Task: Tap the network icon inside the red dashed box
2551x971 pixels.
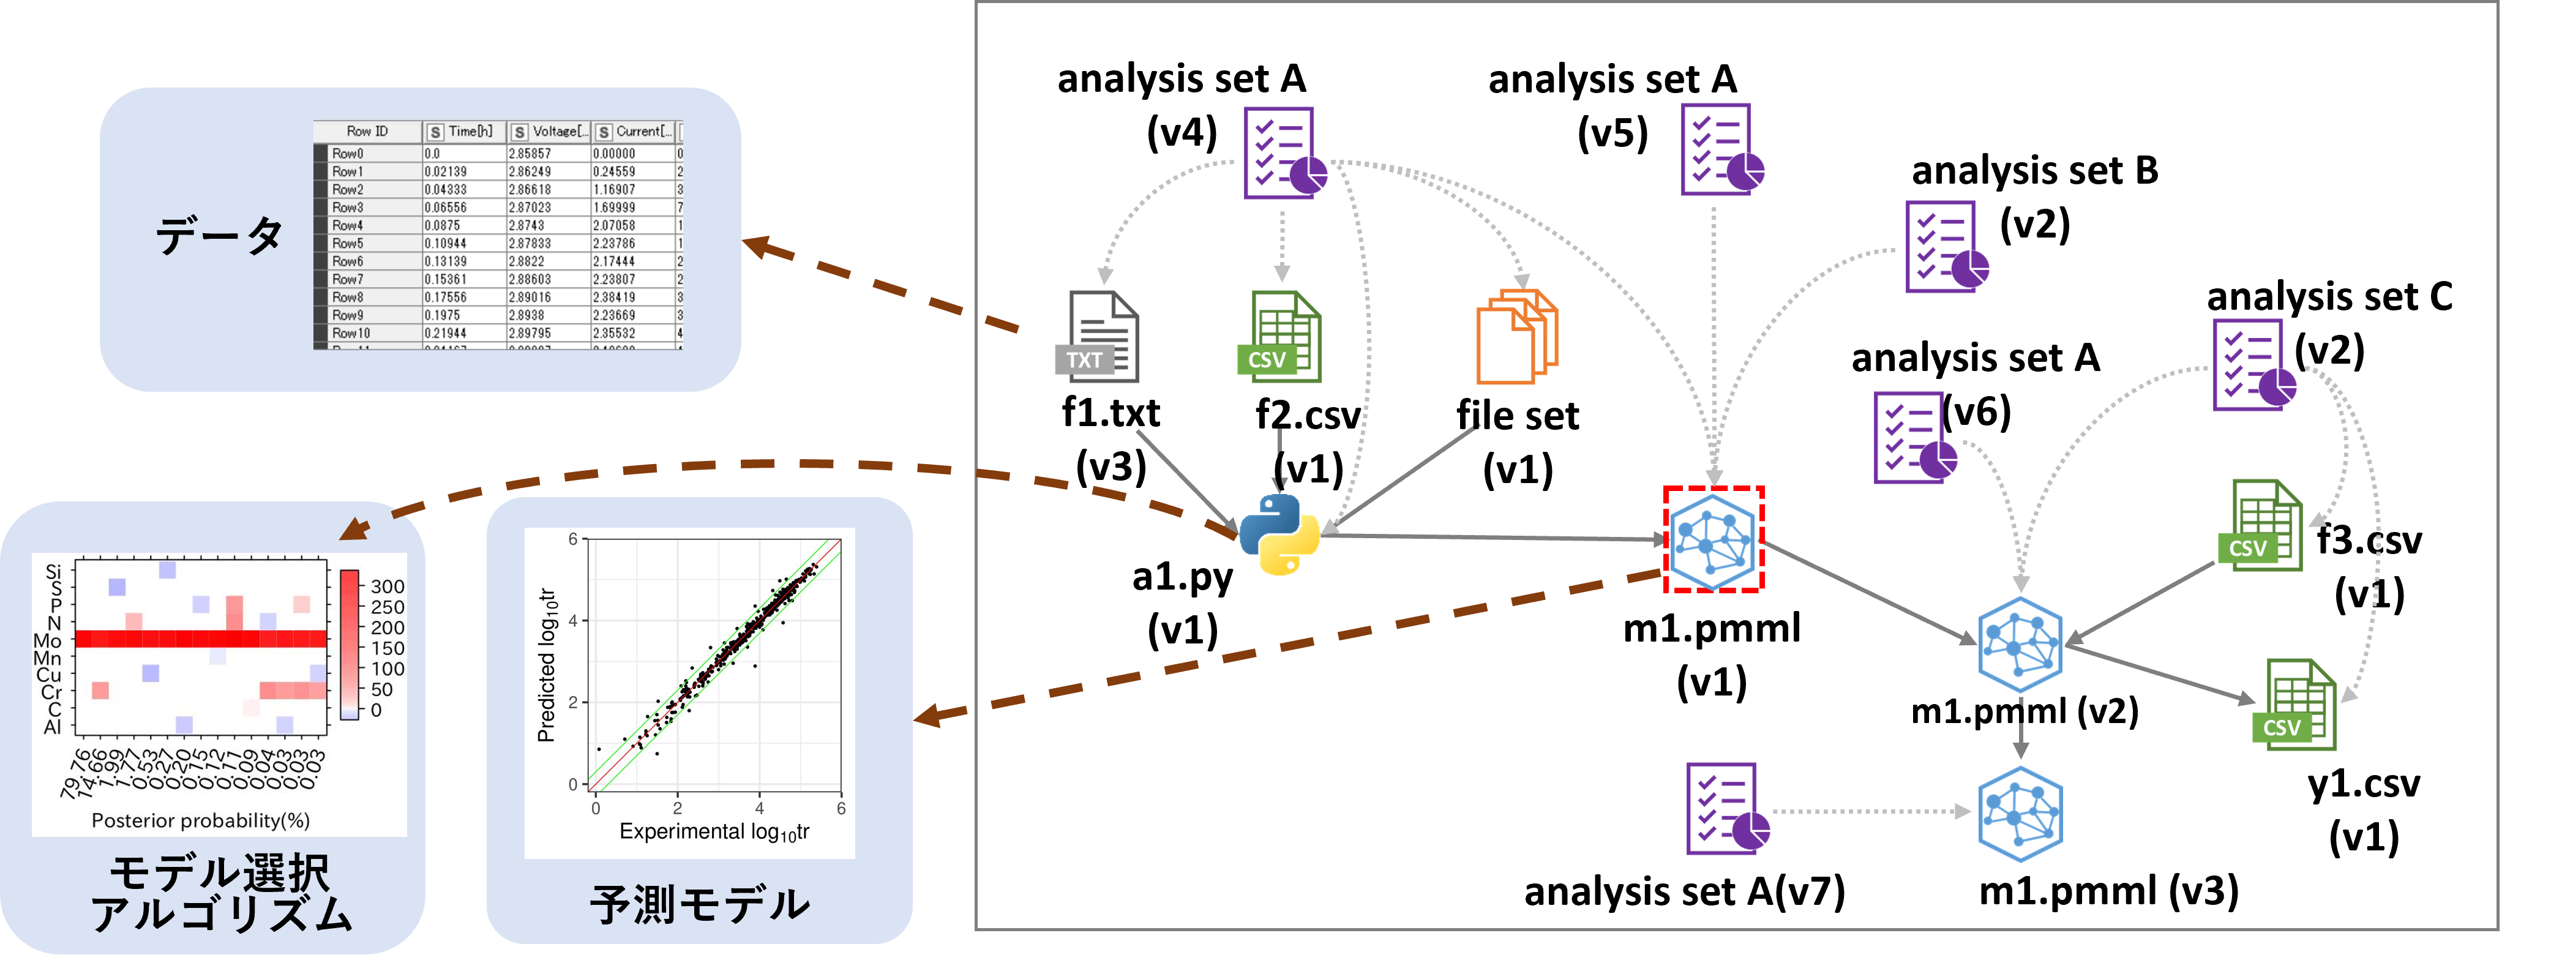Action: click(x=1713, y=540)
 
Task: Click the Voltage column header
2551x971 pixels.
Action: click(x=550, y=132)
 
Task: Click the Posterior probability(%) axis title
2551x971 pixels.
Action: click(x=201, y=820)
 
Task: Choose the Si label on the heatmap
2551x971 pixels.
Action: click(x=53, y=572)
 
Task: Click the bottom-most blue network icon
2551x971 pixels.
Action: click(x=2020, y=814)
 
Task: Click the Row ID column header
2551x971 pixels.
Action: click(x=367, y=132)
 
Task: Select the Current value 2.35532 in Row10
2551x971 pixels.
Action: click(x=614, y=334)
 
